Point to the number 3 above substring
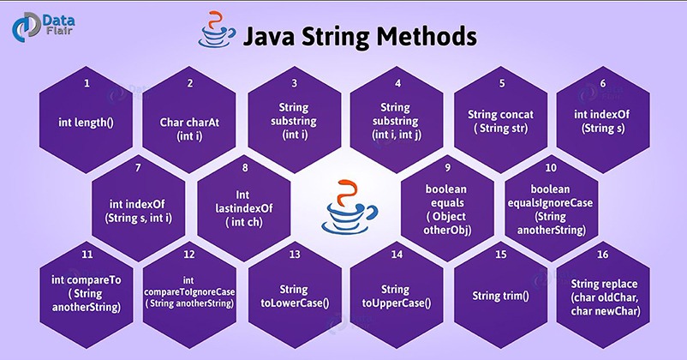coord(294,84)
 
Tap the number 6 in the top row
coord(603,84)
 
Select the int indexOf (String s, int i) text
coord(139,211)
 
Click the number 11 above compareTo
coord(87,255)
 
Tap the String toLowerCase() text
coord(294,296)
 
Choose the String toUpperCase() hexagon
coord(397,296)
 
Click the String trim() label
coord(500,296)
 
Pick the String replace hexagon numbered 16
coord(603,296)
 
